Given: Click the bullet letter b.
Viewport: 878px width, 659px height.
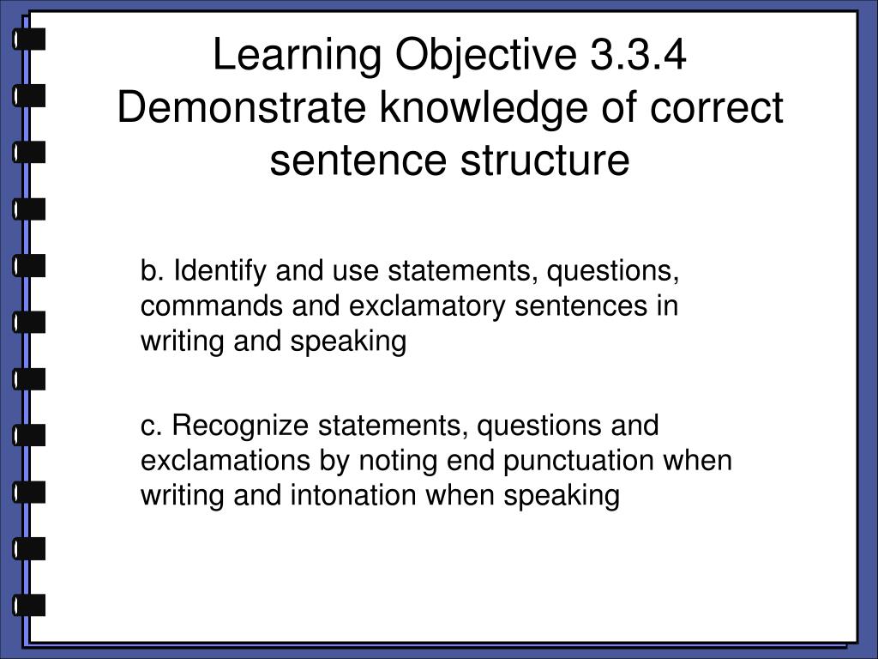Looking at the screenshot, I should coord(151,272).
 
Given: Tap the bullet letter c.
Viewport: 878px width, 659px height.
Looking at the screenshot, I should coord(150,426).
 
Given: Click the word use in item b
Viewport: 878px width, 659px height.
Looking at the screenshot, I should coord(358,272).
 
